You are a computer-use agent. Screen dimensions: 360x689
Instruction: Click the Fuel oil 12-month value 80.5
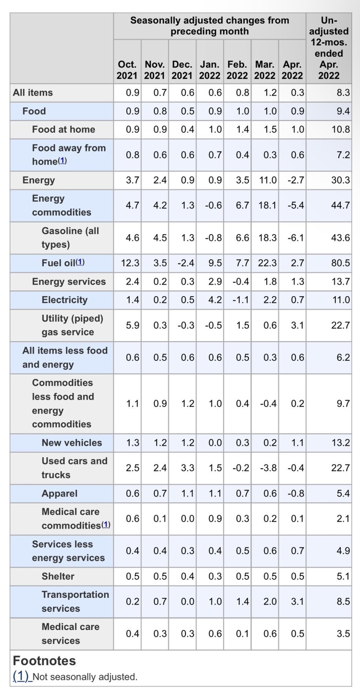[340, 263]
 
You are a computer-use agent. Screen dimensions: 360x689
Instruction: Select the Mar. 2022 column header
[265, 70]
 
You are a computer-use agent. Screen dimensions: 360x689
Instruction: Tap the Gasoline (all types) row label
[70, 238]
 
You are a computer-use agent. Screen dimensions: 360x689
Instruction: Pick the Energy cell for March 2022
[268, 180]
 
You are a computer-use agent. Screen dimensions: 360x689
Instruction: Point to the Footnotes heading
[44, 661]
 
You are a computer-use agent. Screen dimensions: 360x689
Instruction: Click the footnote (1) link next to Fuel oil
[80, 262]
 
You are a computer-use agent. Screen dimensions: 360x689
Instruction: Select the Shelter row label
[58, 576]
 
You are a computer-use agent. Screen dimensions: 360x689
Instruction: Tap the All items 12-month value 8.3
[343, 93]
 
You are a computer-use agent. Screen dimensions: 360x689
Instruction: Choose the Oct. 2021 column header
[127, 70]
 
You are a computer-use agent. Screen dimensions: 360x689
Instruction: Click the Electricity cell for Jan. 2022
[215, 300]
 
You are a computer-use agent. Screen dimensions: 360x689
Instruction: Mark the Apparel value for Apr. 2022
[296, 493]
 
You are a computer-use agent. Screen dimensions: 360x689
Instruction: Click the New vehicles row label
[72, 443]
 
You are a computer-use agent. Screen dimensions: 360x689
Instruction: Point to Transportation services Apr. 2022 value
[297, 601]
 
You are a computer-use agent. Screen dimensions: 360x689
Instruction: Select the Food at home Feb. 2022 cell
[242, 130]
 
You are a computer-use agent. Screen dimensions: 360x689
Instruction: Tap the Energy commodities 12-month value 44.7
[340, 205]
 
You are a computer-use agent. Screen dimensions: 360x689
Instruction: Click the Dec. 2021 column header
[182, 70]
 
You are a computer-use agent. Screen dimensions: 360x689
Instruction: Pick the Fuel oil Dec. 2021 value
[186, 263]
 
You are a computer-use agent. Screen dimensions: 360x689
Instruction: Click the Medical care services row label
[70, 634]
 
